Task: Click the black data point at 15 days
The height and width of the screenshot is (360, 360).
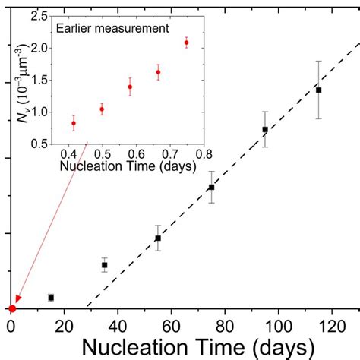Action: (51, 298)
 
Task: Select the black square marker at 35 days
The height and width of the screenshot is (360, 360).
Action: (105, 265)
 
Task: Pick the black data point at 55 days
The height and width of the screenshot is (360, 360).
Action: (158, 238)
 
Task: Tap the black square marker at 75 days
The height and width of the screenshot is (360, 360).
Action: (211, 187)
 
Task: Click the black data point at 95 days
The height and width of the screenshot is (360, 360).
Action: (265, 129)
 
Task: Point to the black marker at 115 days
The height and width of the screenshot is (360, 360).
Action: (318, 90)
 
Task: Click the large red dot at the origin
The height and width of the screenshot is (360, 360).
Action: (11, 309)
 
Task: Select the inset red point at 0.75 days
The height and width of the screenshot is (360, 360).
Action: (186, 43)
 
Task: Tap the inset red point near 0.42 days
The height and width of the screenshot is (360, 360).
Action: (74, 123)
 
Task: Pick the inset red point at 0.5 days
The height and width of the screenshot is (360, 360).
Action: (102, 109)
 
